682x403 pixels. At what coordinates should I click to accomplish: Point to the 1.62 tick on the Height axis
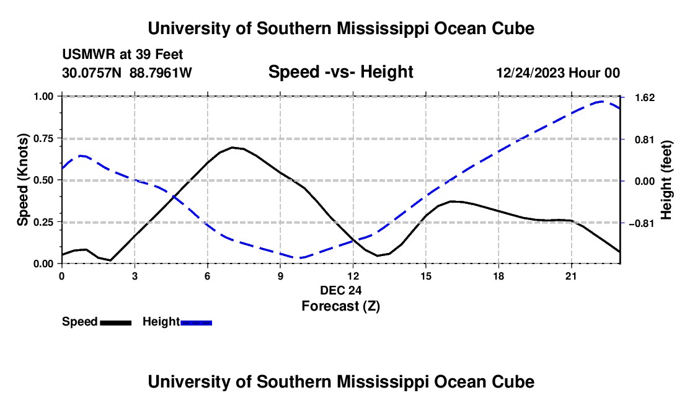(x=645, y=98)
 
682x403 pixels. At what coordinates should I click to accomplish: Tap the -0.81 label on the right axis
(x=642, y=223)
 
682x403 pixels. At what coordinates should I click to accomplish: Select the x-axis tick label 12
(x=353, y=276)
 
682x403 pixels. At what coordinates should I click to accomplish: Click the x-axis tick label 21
(x=570, y=276)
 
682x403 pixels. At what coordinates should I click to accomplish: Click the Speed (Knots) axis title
(x=22, y=180)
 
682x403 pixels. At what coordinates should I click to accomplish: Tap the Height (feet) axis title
(x=666, y=180)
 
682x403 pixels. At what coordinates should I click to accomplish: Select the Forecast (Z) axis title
(x=340, y=306)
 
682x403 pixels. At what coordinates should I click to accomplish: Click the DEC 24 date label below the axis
(x=340, y=290)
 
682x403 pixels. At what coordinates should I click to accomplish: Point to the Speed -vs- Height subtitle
(x=340, y=72)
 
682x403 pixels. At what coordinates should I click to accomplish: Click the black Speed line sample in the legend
(x=116, y=323)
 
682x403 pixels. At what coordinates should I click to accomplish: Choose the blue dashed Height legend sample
(x=196, y=323)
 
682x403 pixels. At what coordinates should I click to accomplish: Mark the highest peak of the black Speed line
(x=232, y=148)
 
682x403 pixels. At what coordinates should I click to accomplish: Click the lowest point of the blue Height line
(x=299, y=258)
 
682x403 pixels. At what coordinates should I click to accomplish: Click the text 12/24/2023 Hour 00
(x=558, y=73)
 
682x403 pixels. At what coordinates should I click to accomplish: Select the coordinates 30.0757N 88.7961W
(x=127, y=73)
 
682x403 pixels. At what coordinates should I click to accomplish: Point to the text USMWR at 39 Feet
(x=123, y=55)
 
